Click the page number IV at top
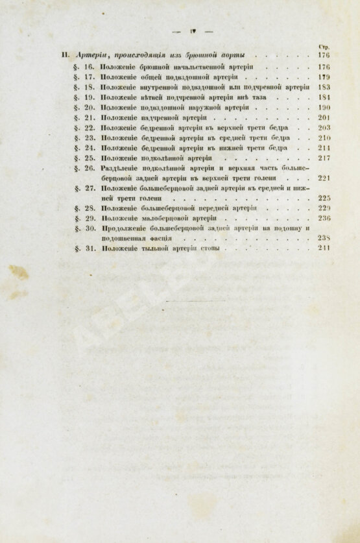click(x=193, y=30)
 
